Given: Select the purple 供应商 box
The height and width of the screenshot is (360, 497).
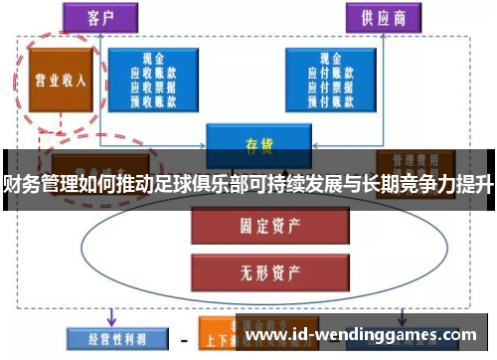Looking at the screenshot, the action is coord(384,19).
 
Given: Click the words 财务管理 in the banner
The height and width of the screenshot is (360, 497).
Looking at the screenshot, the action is coord(36,182).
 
